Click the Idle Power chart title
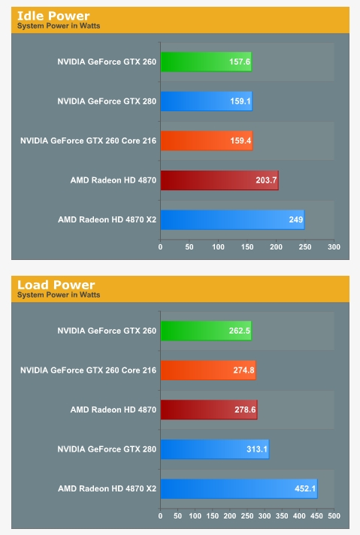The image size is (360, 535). point(53,16)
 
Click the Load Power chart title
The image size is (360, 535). point(56,285)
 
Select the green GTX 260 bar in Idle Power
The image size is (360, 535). point(206,62)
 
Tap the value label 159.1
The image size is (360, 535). point(241,101)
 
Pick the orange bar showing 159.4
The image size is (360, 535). point(207,141)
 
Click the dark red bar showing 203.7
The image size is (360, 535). point(219,180)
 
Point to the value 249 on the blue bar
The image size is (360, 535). point(296,219)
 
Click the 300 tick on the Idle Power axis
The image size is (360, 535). point(334,247)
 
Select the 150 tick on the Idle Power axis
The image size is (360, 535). point(247,247)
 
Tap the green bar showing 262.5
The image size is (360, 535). point(206,331)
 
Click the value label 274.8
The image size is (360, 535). point(244,370)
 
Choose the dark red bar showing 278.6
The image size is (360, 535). point(209,410)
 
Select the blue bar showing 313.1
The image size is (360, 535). point(215,449)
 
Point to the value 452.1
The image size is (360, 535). point(305,488)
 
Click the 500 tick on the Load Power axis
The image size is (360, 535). point(334,516)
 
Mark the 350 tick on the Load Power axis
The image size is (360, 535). point(282,516)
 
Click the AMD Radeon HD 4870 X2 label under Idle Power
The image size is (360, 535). point(107,219)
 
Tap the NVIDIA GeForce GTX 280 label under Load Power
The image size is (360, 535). point(107,449)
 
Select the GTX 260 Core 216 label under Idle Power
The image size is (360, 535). point(88,141)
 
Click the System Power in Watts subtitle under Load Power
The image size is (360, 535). point(59,295)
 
